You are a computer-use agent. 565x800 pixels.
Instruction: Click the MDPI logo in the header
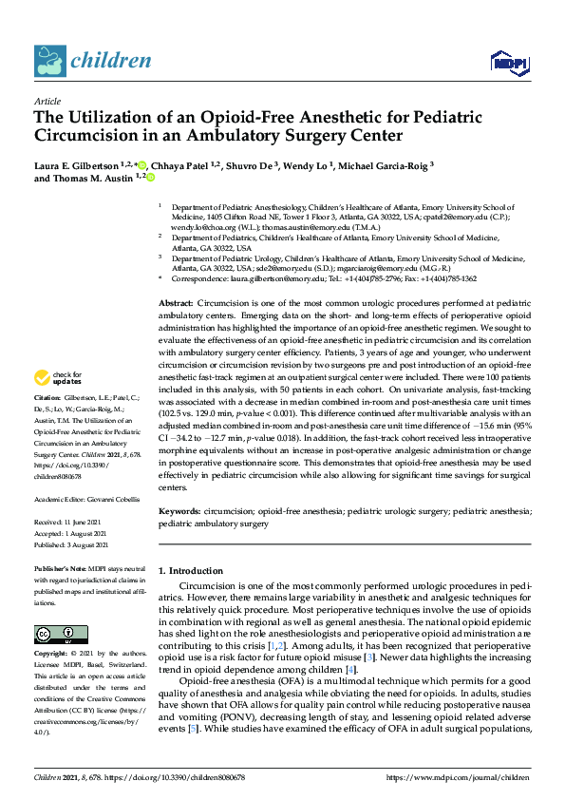click(509, 64)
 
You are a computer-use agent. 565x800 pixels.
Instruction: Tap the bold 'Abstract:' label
click(177, 300)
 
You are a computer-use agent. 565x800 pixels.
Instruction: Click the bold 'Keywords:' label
click(179, 510)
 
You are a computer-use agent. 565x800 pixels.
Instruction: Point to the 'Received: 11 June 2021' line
click(69, 522)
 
